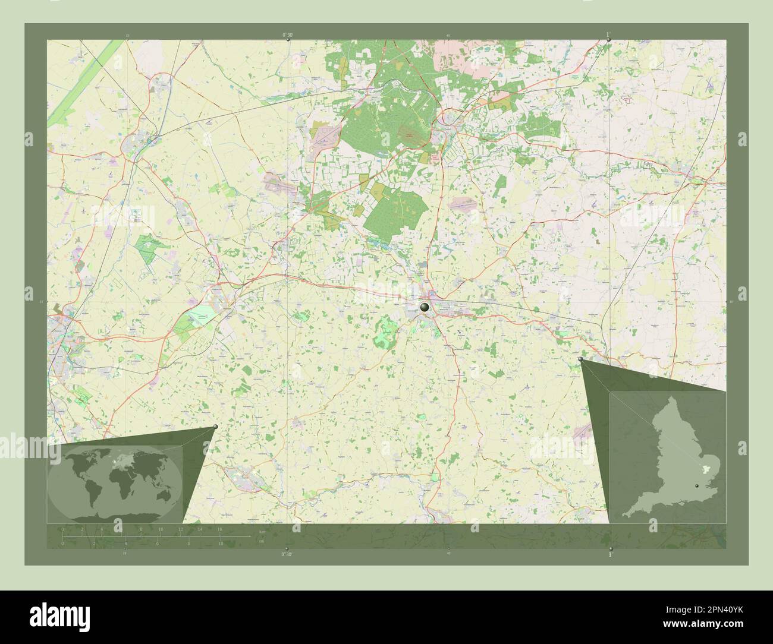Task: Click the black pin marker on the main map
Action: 424,307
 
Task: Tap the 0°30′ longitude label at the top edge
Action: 287,36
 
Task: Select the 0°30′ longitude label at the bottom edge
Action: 287,554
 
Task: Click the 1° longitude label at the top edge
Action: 607,35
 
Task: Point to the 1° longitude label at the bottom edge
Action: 609,554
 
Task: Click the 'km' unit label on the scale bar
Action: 261,531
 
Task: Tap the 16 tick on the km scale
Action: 219,529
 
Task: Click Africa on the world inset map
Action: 119,481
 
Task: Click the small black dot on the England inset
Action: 697,485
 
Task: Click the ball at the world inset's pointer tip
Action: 215,427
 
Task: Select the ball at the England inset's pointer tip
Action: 581,359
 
